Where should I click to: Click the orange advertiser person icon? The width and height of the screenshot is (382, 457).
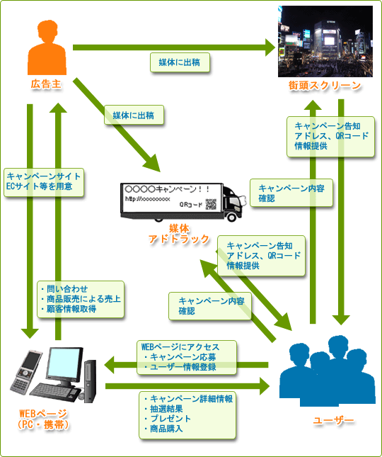[47, 47]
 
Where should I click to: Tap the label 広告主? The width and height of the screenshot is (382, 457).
[46, 84]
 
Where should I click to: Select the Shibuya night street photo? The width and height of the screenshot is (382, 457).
[325, 41]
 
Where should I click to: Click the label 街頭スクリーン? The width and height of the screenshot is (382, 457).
[325, 86]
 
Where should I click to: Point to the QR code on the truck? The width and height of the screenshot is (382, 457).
[211, 204]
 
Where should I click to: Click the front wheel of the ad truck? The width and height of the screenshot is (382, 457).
[232, 217]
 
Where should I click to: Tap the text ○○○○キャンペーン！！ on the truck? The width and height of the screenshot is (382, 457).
[167, 189]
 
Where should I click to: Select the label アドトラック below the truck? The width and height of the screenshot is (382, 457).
[179, 239]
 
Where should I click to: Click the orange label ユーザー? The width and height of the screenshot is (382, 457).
[333, 420]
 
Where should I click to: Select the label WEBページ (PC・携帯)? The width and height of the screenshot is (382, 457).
[43, 419]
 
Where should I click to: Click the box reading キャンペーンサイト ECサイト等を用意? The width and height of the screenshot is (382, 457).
[44, 182]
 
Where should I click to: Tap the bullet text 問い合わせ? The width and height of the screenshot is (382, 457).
[64, 289]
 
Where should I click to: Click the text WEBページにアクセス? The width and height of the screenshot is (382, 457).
[180, 347]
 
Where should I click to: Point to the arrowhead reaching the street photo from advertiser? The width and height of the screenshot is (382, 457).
[270, 47]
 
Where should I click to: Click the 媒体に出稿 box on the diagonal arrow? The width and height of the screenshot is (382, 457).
[134, 115]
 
